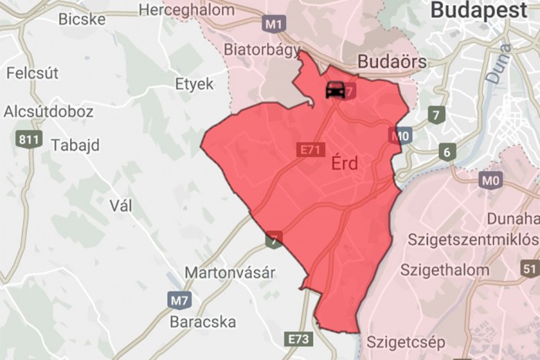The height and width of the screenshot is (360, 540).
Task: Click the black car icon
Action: pyautogui.click(x=335, y=89)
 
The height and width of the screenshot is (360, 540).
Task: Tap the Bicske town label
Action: pyautogui.click(x=82, y=19)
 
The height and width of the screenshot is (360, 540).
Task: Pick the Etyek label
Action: pyautogui.click(x=194, y=85)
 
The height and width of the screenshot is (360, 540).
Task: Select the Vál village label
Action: pyautogui.click(x=122, y=206)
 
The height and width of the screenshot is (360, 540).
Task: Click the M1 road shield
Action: pyautogui.click(x=274, y=24)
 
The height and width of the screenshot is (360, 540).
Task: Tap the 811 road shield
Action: pyautogui.click(x=28, y=140)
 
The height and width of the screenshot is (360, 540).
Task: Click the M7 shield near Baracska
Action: pyautogui.click(x=178, y=299)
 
